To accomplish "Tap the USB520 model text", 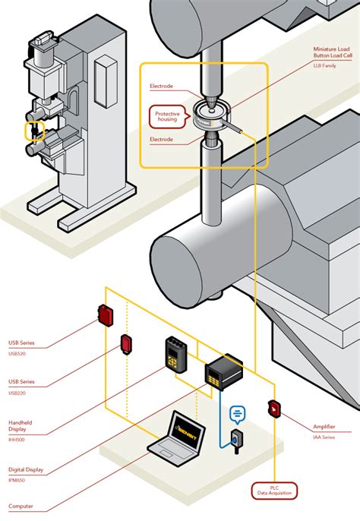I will click(x=17, y=353).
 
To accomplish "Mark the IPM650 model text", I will click(x=17, y=479).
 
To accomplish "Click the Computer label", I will click(x=21, y=506).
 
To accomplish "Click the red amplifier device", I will click(x=273, y=409).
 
